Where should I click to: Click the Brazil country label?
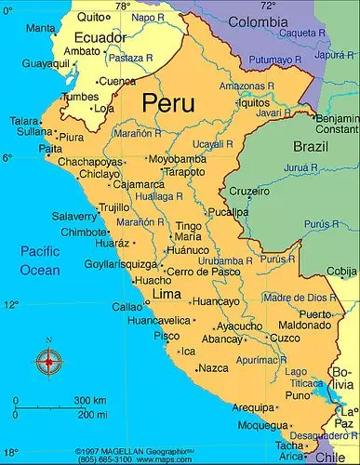coord(311,147)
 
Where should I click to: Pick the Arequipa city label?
coord(252,407)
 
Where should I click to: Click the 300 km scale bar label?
coord(89,400)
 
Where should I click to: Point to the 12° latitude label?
coord(11,305)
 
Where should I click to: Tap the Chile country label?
coord(328,457)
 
